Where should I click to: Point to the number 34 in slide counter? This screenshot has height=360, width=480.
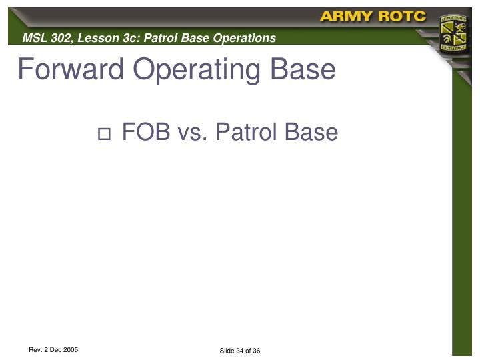(x=241, y=351)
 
